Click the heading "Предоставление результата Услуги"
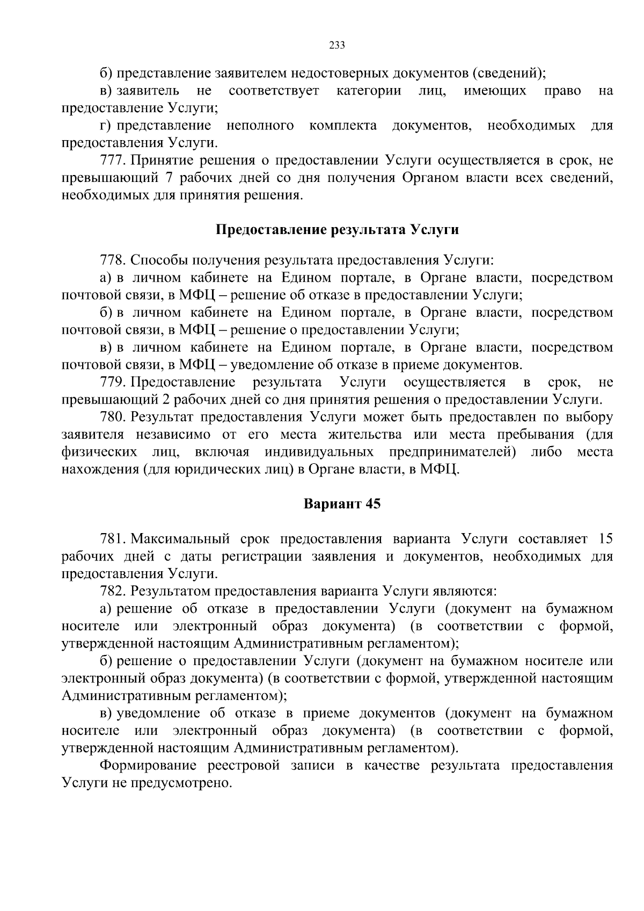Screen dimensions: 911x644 pos(337,230)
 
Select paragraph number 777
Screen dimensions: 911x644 pos(112,160)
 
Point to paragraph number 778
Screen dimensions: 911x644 pos(112,260)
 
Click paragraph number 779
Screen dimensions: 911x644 pos(112,382)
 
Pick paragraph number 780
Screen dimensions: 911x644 pos(112,417)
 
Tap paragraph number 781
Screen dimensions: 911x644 pos(112,538)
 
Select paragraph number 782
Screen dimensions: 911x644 pos(112,591)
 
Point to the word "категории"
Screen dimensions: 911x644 pos(369,90)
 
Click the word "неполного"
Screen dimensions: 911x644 pos(260,126)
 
